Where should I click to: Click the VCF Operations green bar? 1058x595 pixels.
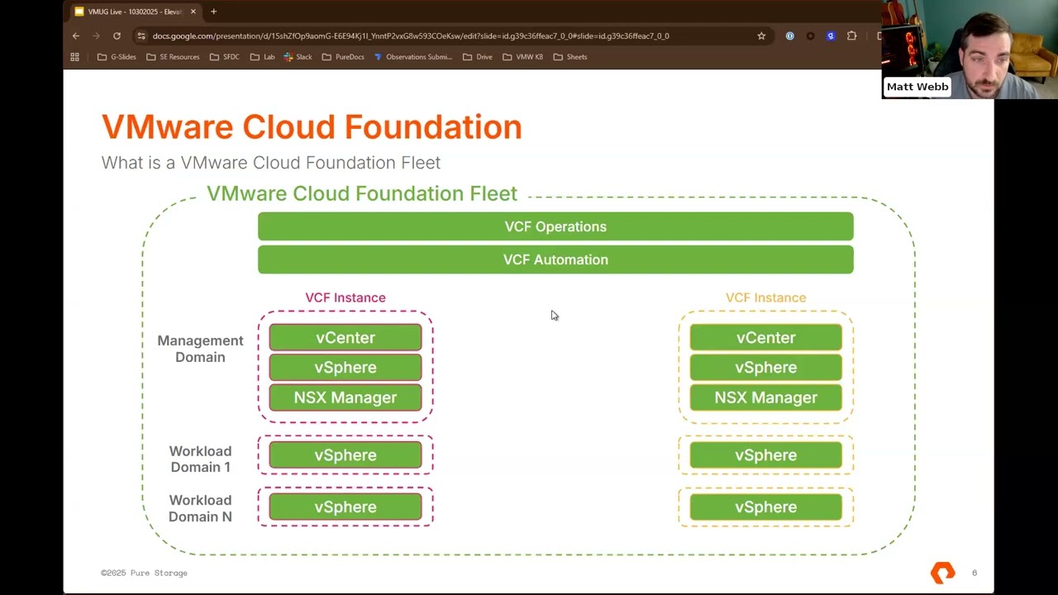pyautogui.click(x=555, y=226)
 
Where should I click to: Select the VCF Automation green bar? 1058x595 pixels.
pyautogui.click(x=555, y=259)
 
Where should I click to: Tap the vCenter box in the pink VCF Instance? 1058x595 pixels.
pyautogui.click(x=346, y=338)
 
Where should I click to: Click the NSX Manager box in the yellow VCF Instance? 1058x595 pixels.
pyautogui.click(x=765, y=397)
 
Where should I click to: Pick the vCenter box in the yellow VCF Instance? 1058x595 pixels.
pyautogui.click(x=765, y=338)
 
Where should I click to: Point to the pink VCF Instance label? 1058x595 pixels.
pyautogui.click(x=346, y=297)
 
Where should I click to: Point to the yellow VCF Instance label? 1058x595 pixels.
pyautogui.click(x=765, y=297)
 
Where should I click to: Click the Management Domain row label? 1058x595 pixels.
pyautogui.click(x=200, y=349)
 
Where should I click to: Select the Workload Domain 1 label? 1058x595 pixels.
pyautogui.click(x=200, y=459)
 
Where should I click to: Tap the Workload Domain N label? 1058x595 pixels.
pyautogui.click(x=200, y=508)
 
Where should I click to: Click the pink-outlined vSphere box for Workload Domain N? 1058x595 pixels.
pyautogui.click(x=346, y=507)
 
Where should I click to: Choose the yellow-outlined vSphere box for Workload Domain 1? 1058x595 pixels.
pyautogui.click(x=765, y=455)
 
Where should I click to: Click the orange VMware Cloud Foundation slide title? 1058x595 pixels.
pyautogui.click(x=312, y=127)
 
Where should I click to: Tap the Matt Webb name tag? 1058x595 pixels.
pyautogui.click(x=917, y=87)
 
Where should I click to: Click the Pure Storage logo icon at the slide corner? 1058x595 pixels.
pyautogui.click(x=942, y=573)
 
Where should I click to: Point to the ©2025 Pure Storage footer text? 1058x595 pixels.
pyautogui.click(x=145, y=573)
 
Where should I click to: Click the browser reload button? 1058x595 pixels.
pyautogui.click(x=117, y=36)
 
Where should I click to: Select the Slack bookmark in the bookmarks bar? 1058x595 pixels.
pyautogui.click(x=298, y=57)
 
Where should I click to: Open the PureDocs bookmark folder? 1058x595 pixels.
pyautogui.click(x=344, y=57)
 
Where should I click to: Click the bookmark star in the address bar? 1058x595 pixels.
pyautogui.click(x=761, y=36)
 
